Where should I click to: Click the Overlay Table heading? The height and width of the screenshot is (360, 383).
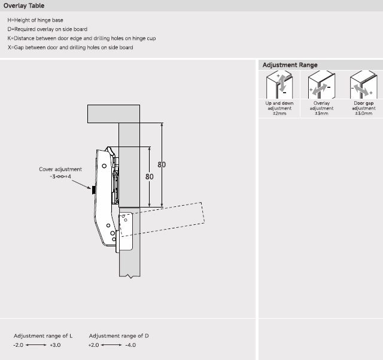(x=24, y=6)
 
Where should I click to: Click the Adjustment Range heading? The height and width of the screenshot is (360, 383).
(x=290, y=65)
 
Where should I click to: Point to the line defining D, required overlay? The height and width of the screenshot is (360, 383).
(x=56, y=29)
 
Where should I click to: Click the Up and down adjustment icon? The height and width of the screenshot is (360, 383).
(x=280, y=86)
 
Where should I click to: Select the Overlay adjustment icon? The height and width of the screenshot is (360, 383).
(x=321, y=86)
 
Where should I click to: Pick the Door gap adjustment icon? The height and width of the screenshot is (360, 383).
(x=363, y=86)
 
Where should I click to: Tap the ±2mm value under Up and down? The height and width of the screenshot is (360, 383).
(x=280, y=113)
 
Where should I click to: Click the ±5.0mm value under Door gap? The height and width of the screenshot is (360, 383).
(x=363, y=113)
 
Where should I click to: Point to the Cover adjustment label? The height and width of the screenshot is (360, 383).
(x=60, y=169)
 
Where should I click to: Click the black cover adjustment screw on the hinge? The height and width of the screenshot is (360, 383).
(x=94, y=190)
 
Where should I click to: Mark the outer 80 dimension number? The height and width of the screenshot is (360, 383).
(x=162, y=164)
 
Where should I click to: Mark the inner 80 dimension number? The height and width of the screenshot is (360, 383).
(x=149, y=176)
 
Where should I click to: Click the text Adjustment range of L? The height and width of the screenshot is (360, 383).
(x=43, y=336)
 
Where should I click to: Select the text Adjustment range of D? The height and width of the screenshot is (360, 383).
(x=119, y=336)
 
